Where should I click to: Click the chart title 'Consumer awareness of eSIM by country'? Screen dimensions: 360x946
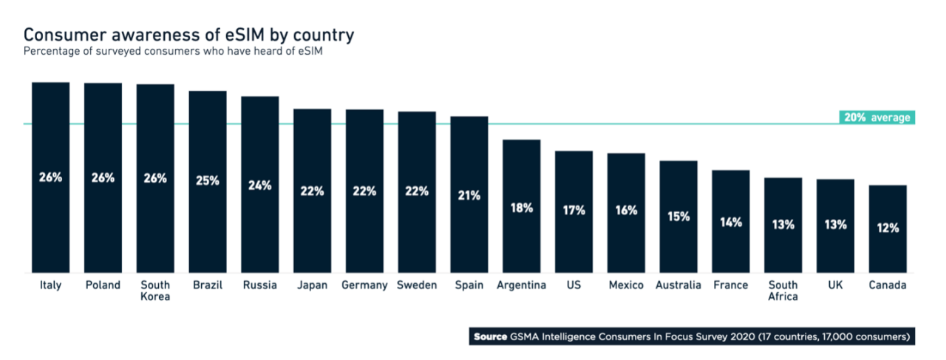tap(188, 35)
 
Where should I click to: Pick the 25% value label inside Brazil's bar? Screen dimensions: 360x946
tap(208, 180)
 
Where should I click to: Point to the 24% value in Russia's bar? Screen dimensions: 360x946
tap(260, 186)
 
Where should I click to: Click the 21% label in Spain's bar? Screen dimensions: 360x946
tap(469, 196)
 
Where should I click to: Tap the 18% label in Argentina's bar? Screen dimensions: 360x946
tap(522, 208)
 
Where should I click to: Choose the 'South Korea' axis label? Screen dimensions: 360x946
tap(155, 291)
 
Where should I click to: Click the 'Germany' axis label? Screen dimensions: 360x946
tap(364, 285)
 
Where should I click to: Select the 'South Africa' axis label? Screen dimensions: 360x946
tap(783, 291)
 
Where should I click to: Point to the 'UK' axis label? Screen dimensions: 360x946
tap(835, 285)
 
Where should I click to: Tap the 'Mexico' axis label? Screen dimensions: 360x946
tap(626, 285)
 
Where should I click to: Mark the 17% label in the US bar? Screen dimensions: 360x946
tap(574, 211)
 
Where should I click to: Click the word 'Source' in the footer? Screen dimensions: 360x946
tap(490, 337)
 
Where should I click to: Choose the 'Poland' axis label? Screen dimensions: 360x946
tap(103, 285)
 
